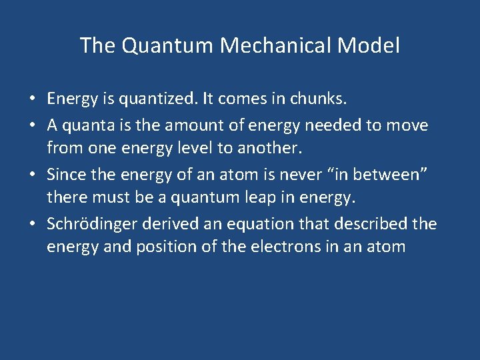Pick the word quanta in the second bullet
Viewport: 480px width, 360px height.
pos(82,125)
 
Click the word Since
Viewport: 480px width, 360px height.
pos(65,173)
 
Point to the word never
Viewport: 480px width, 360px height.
pos(280,173)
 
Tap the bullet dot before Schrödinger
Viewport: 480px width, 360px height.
pos(32,223)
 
